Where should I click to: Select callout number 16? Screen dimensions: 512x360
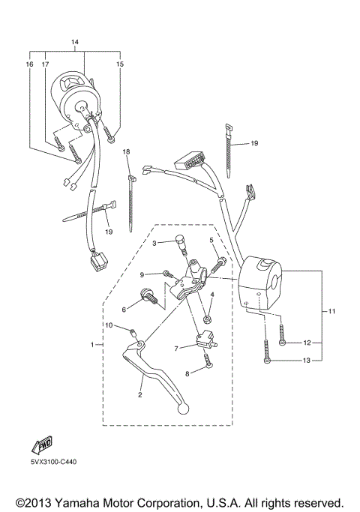30,64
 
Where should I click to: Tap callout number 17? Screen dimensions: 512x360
45,64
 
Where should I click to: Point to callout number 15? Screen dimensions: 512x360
119,64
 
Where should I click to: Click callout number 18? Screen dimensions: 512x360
127,152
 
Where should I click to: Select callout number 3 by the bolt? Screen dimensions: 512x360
154,243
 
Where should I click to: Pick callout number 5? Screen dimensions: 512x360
211,241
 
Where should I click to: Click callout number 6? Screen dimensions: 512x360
124,308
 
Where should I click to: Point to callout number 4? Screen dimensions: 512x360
212,296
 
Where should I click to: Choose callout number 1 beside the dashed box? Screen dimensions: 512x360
92,344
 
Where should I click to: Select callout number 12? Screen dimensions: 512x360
307,342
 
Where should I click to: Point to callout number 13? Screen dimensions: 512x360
307,361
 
